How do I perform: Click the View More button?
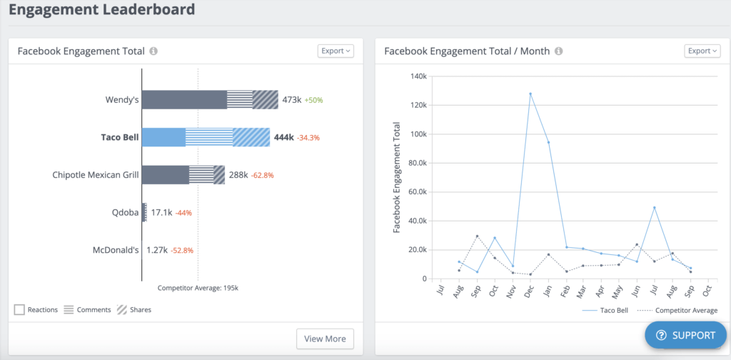325,339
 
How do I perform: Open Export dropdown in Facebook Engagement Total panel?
335,51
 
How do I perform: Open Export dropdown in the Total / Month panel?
702,51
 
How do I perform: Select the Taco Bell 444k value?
283,137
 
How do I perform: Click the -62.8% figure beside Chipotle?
262,175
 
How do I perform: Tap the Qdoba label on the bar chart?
126,212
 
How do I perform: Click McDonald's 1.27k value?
156,250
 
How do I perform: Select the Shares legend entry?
134,309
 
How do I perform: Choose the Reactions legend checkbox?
19,309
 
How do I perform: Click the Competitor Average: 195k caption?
198,288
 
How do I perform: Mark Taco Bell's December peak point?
530,94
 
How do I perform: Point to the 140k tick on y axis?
418,76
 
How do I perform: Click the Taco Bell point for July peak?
655,208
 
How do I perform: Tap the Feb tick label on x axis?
564,293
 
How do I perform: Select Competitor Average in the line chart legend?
684,311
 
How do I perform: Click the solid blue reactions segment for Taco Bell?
163,137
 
